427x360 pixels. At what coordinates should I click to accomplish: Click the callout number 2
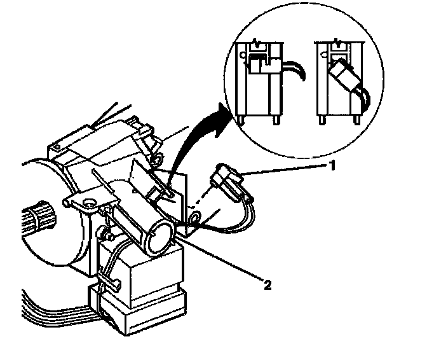[x=268, y=285]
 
